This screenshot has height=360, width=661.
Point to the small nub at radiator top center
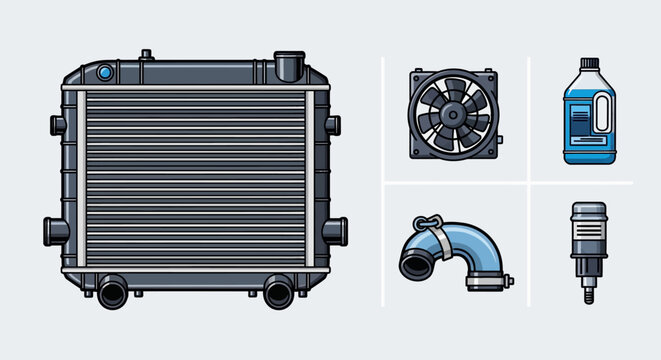coord(146,53)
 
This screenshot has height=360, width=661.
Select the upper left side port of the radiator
coord(57,125)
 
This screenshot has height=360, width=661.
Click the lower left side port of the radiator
coord(52,230)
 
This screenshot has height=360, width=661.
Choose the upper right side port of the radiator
coord(333,125)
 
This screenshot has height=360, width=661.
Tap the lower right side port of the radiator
coord(336,229)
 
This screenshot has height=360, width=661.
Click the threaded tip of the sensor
coord(584,295)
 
